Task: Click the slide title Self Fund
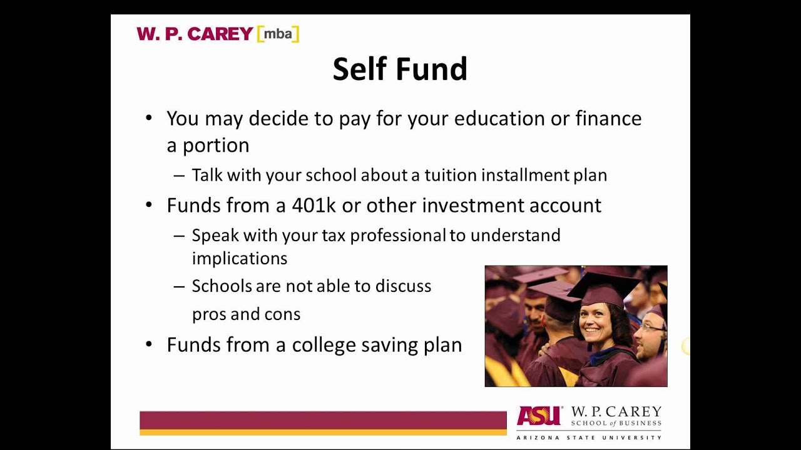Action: [400, 69]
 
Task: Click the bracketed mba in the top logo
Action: [278, 34]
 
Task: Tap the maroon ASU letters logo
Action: [538, 416]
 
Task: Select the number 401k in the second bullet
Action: [315, 206]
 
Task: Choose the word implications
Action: [239, 259]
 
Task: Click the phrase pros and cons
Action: [246, 314]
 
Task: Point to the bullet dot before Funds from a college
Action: [149, 345]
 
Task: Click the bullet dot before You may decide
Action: [149, 118]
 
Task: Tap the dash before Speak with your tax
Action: [179, 236]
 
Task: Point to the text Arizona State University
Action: [588, 437]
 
